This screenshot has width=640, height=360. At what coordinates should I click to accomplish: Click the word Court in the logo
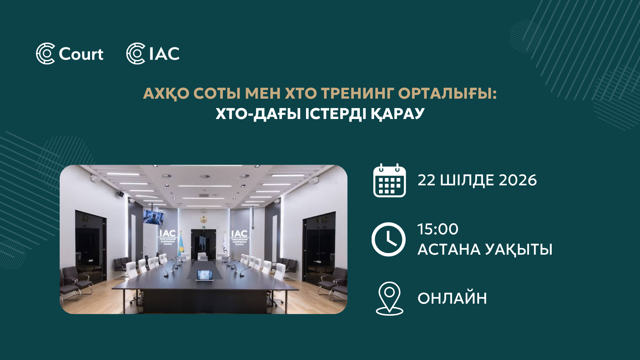tap(81, 54)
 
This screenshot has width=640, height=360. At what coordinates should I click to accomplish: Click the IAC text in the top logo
tap(165, 54)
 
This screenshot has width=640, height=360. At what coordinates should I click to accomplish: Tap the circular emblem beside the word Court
tap(45, 53)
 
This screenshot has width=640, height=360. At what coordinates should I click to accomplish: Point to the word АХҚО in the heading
tap(166, 94)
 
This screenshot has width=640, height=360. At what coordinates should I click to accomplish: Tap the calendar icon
tap(389, 180)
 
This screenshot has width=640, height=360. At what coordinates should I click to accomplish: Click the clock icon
tap(388, 239)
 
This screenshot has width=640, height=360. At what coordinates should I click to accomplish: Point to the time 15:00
tap(438, 229)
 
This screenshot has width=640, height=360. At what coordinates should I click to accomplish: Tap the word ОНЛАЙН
tap(452, 298)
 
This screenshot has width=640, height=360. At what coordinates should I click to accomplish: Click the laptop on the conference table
tap(205, 275)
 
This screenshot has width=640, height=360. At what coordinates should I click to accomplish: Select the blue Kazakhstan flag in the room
tap(181, 244)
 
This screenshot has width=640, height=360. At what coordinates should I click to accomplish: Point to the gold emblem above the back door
tap(203, 219)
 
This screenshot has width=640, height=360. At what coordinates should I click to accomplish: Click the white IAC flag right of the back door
tap(224, 243)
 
